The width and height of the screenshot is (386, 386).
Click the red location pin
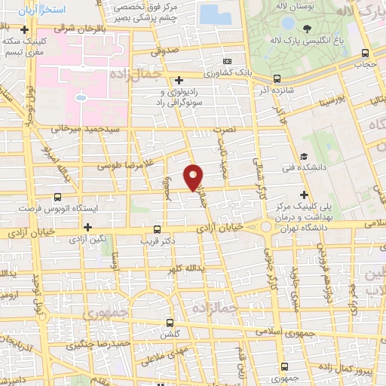[194, 176]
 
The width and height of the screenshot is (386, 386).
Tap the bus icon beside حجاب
[366, 53]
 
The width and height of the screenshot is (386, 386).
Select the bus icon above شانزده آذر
[277, 78]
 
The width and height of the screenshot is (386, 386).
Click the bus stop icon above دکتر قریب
[157, 229]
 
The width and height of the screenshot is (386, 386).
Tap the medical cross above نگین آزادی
[88, 226]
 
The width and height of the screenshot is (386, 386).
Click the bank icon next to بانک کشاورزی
[227, 61]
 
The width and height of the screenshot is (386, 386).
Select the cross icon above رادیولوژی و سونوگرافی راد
[179, 80]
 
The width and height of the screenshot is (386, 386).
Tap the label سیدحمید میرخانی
[85, 130]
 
